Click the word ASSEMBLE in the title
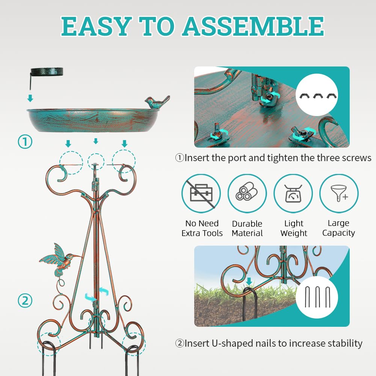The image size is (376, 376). tap(253, 26)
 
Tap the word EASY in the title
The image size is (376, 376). tap(96, 26)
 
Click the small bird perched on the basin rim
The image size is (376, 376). tap(157, 102)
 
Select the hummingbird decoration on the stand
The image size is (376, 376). tap(60, 260)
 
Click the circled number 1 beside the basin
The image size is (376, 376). tap(25, 142)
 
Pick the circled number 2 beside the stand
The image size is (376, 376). tap(25, 300)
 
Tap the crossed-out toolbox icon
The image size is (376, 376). tap(201, 193)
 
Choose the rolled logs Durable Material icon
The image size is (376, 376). tap(247, 193)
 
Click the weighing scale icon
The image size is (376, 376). tap(293, 193)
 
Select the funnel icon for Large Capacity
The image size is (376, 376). tap(339, 193)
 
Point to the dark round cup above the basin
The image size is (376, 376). tap(47, 71)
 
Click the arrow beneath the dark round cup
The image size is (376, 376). tap(30, 98)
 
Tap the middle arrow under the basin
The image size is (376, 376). tap(96, 141)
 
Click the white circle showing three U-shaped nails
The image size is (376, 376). tap(317, 297)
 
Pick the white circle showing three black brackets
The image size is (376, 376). tap(317, 95)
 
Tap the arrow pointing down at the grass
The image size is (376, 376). tap(249, 281)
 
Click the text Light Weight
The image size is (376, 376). tap(294, 228)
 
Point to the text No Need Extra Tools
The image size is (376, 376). tap(202, 228)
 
